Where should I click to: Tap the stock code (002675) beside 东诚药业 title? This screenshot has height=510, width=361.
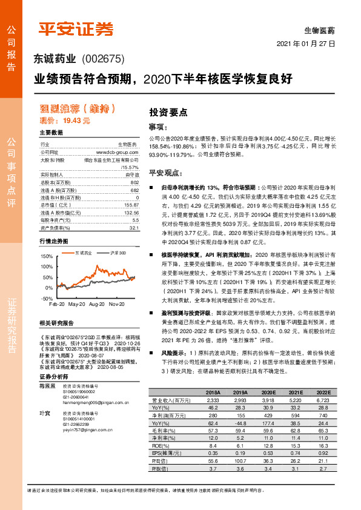102,59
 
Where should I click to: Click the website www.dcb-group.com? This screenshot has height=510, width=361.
118,153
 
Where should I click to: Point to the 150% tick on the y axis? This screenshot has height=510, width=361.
46,257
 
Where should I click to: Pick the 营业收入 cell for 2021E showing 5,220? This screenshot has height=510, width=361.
295,400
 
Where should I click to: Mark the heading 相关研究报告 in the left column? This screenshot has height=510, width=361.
56,323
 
